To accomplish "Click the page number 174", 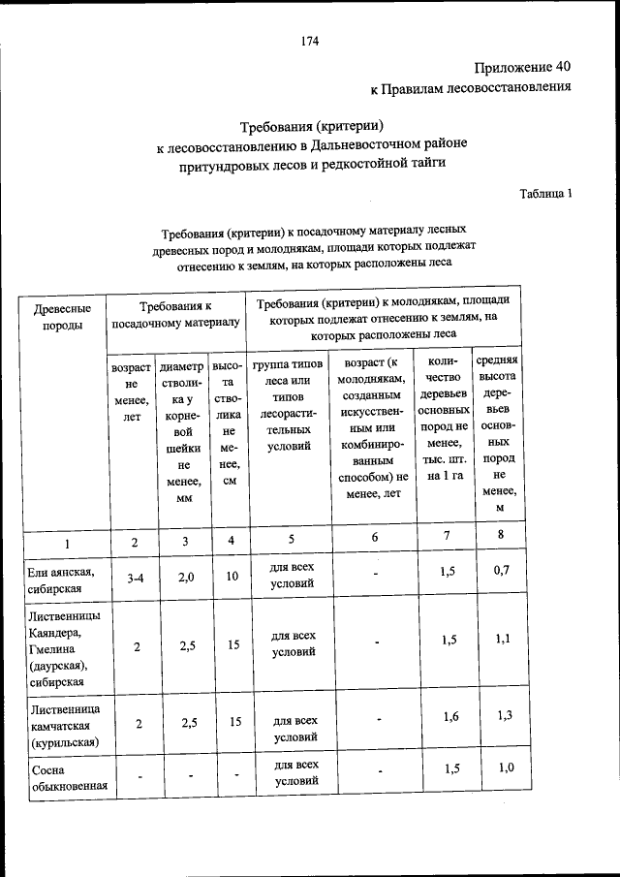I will click(310, 41).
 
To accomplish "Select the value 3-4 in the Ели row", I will click(136, 579).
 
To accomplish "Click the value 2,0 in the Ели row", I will click(186, 577).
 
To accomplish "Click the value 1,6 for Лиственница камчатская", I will click(449, 716).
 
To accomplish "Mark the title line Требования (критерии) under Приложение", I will click(312, 126).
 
